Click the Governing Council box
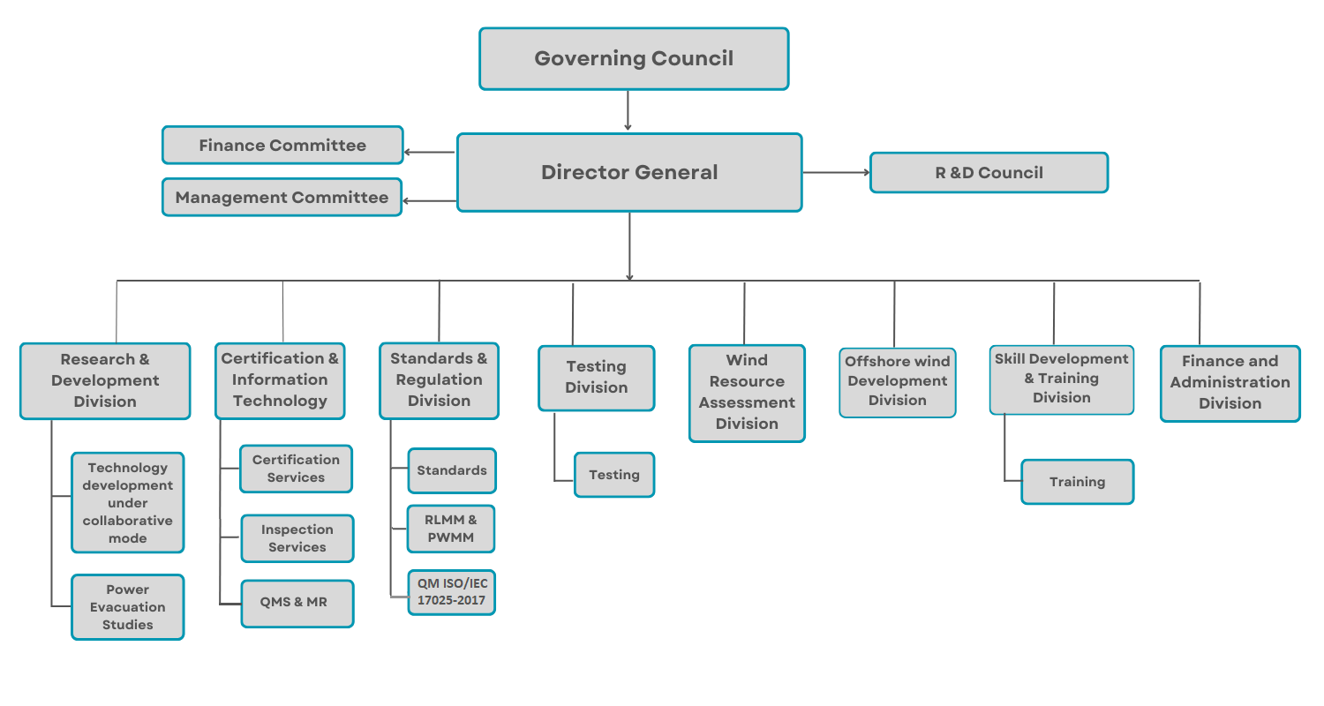(634, 59)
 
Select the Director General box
(629, 173)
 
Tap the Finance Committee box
(282, 146)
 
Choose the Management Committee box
(282, 198)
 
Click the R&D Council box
(989, 173)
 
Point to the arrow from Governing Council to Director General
(628, 110)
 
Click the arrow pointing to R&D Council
(836, 173)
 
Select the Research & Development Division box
(105, 380)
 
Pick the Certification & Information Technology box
(280, 380)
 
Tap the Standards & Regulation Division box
(439, 380)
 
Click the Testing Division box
(597, 378)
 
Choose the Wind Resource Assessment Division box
(747, 393)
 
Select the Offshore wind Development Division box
(898, 382)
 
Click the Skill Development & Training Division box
(1062, 379)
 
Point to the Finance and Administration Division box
(1230, 383)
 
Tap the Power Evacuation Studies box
(128, 607)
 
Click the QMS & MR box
(297, 603)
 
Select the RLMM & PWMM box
(451, 529)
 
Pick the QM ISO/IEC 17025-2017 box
(452, 592)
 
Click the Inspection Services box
(297, 538)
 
